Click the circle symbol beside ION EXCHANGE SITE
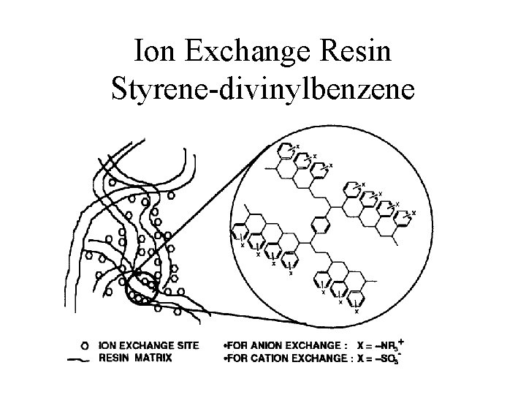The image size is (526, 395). [x=85, y=344]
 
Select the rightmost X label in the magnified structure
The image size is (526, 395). [x=414, y=213]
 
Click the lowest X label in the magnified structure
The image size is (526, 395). [x=356, y=312]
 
